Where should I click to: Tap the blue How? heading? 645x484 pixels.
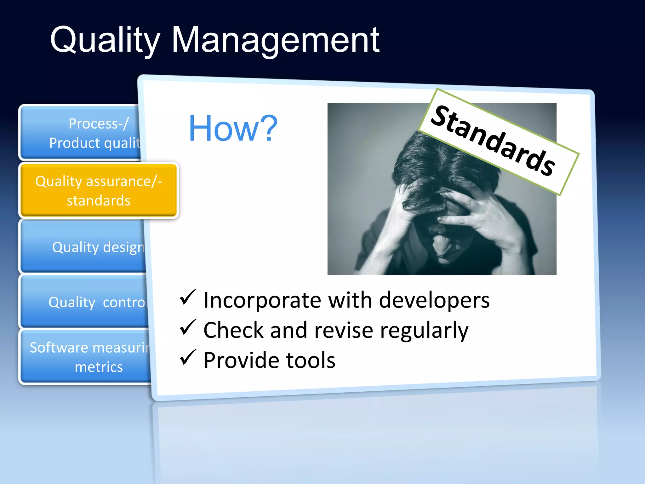pyautogui.click(x=233, y=129)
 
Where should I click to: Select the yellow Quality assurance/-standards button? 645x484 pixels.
pyautogui.click(x=99, y=191)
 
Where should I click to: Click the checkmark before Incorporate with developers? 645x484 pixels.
pyautogui.click(x=188, y=297)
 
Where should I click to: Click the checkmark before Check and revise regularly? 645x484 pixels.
pyautogui.click(x=188, y=327)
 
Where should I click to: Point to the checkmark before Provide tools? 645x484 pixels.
pyautogui.click(x=188, y=358)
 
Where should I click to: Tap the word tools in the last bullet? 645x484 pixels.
pyautogui.click(x=311, y=360)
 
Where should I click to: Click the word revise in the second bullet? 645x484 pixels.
pyautogui.click(x=344, y=331)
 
